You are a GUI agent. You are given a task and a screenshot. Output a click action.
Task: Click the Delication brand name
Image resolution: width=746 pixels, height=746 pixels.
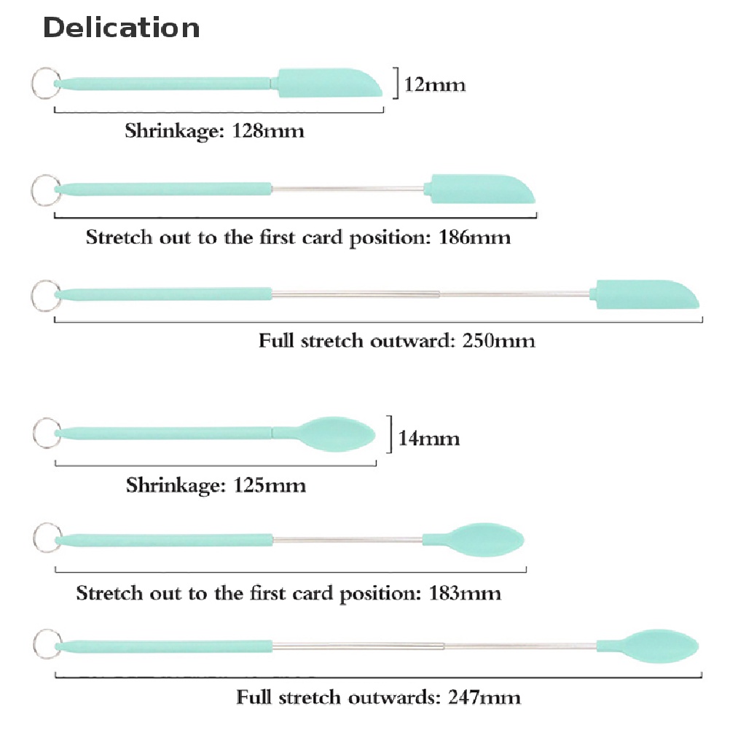pyautogui.click(x=121, y=28)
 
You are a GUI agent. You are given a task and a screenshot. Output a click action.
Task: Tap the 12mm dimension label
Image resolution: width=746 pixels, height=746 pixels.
pyautogui.click(x=435, y=85)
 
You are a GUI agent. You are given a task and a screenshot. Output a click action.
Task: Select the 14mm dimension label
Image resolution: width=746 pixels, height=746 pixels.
pyautogui.click(x=429, y=439)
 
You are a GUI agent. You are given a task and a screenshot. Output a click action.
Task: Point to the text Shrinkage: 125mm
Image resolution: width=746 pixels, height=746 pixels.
pyautogui.click(x=216, y=485)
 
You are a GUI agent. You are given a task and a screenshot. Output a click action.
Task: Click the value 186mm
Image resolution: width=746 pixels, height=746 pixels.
pyautogui.click(x=475, y=238)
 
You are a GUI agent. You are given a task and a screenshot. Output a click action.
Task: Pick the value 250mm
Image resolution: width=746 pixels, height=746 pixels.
pyautogui.click(x=499, y=340)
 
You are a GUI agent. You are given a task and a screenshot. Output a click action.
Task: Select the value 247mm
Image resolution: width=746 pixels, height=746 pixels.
pyautogui.click(x=485, y=697)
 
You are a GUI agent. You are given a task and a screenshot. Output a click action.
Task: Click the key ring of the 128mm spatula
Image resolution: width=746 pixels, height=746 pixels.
pyautogui.click(x=44, y=82)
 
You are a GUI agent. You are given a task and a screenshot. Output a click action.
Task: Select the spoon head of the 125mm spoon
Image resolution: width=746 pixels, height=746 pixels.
pyautogui.click(x=337, y=433)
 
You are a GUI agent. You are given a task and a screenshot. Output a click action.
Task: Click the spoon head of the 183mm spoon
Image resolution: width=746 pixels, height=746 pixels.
pyautogui.click(x=484, y=538)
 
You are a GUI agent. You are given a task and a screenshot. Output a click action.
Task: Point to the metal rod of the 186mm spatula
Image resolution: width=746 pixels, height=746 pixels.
pyautogui.click(x=348, y=190)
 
